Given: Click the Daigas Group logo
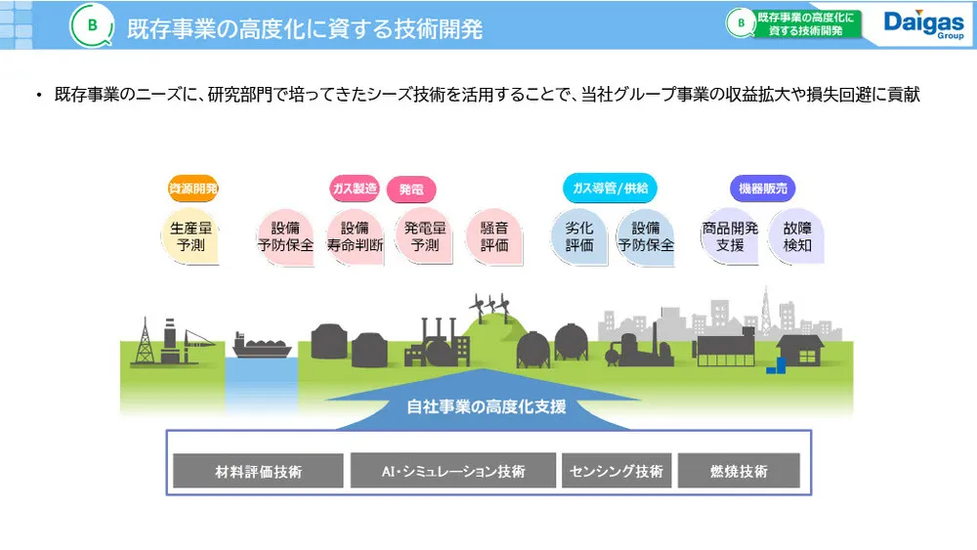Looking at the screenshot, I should coord(922,25).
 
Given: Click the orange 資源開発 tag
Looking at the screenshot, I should coord(193,188).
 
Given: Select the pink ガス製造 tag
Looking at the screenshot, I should coord(354,188).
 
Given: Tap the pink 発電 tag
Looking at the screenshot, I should coord(411,189).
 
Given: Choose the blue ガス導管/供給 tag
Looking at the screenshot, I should coord(611,188).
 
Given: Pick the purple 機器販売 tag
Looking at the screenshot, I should coord(763,188).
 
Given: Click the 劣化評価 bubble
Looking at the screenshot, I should coord(579,236).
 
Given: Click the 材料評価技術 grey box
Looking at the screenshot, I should coord(258,471).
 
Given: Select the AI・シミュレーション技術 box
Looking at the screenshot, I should coord(453,471).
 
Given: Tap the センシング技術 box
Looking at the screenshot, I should coord(616,471).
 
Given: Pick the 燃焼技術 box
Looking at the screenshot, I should coord(739,471).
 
